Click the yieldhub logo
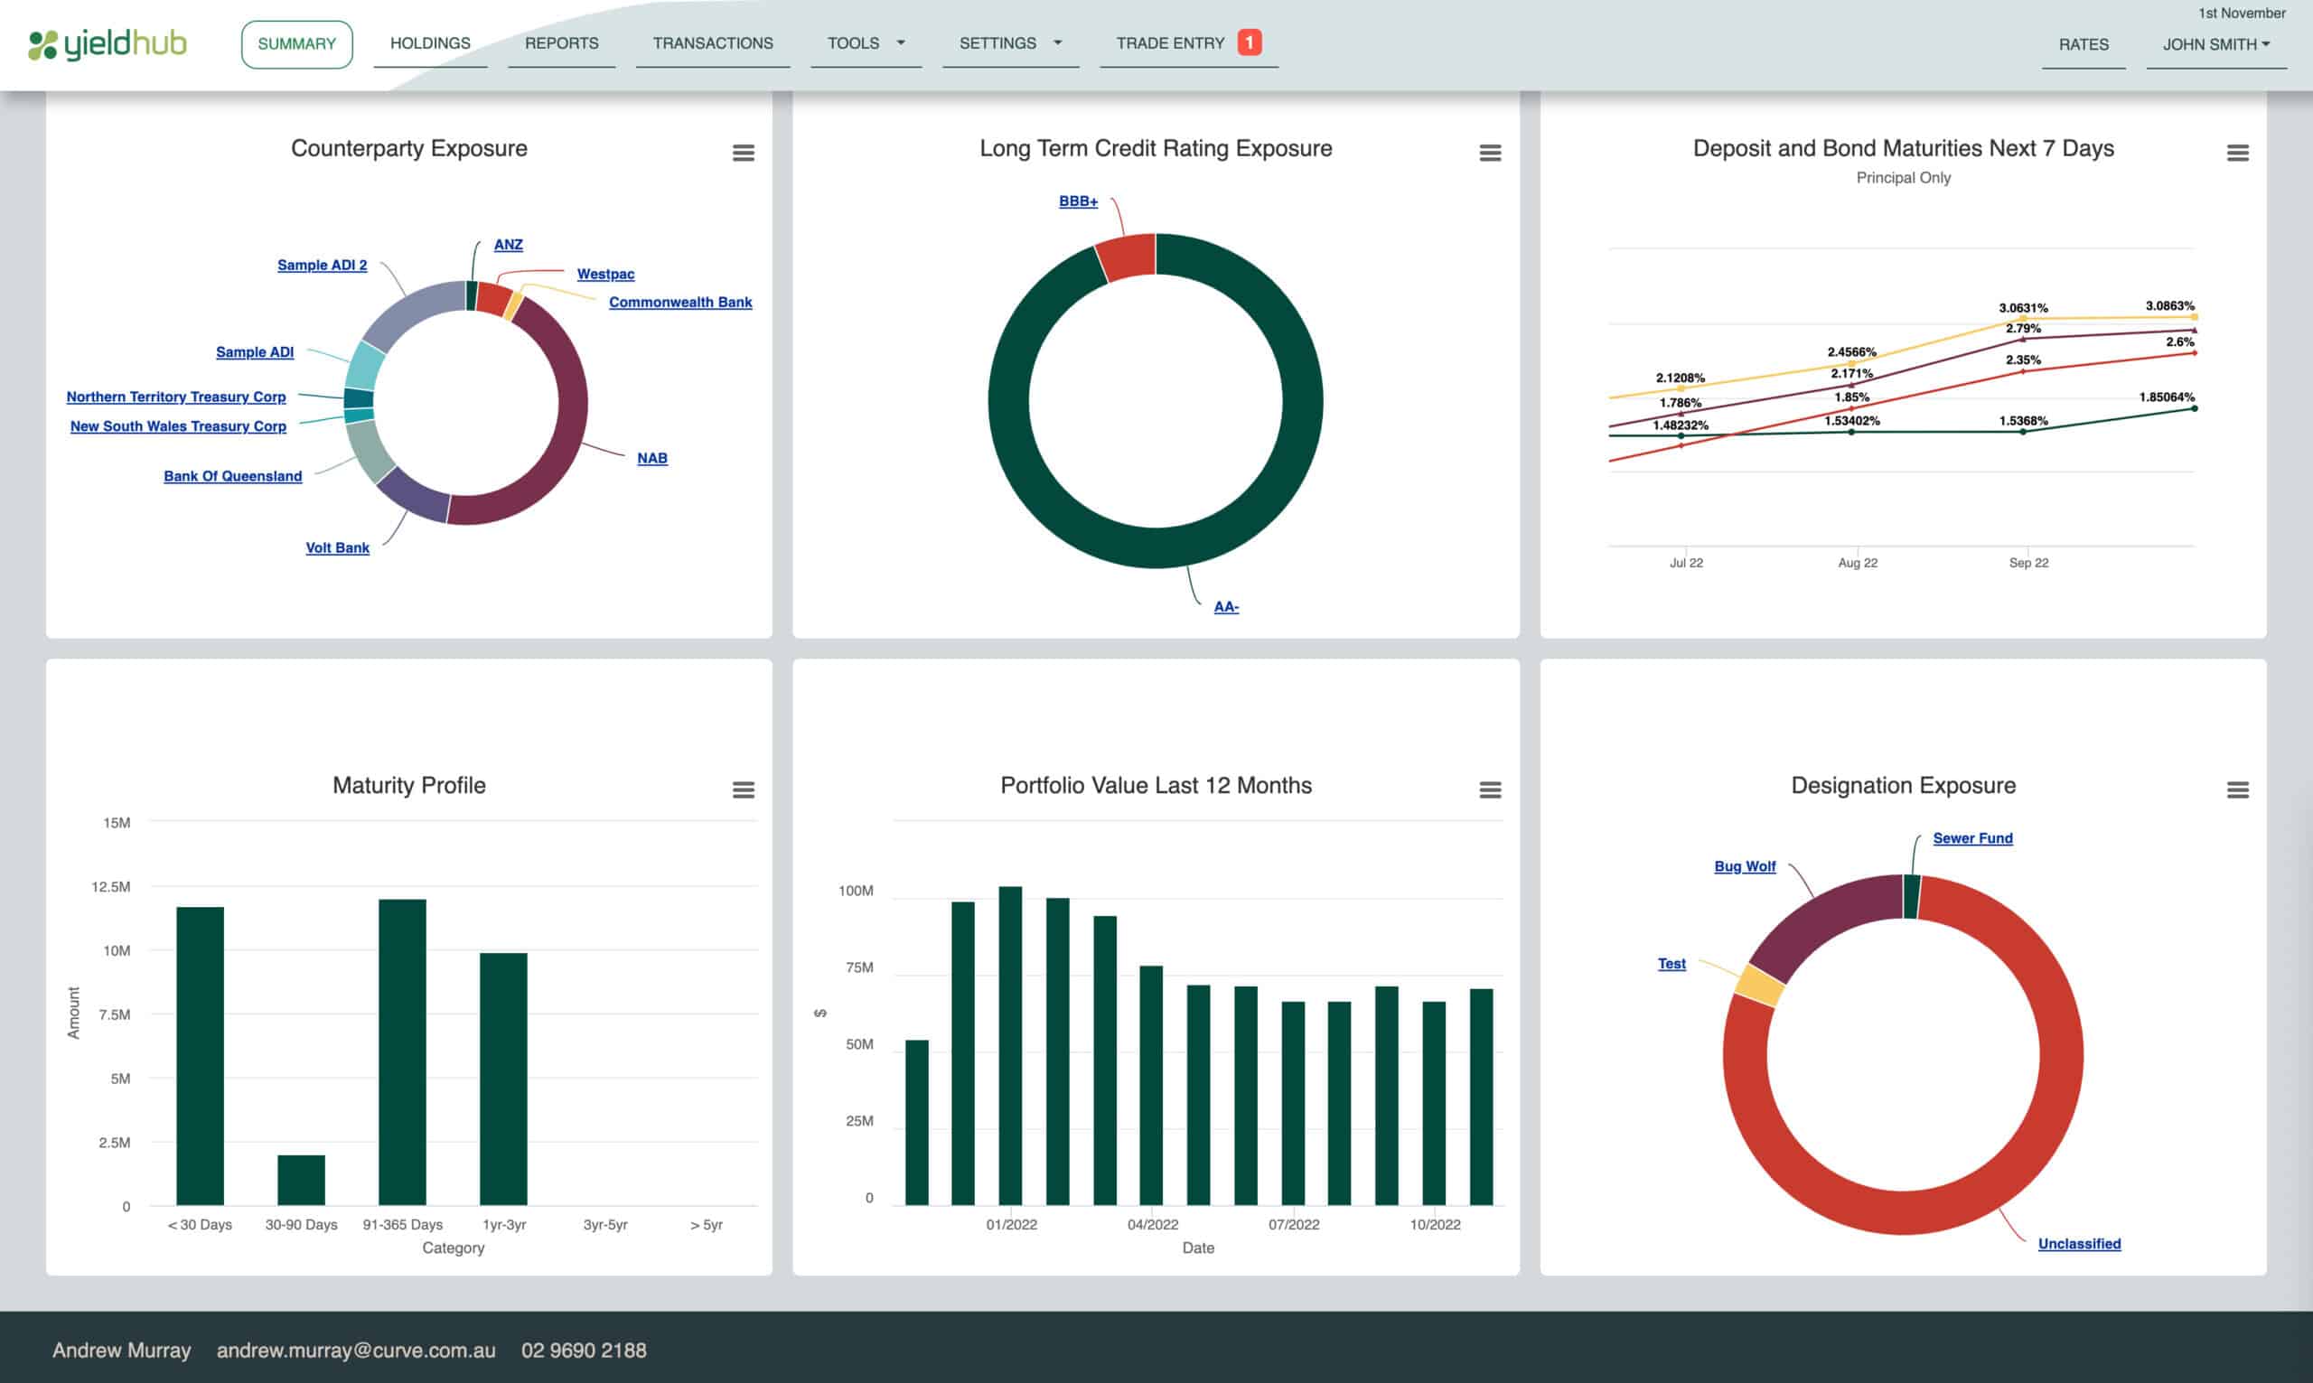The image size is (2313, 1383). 108,43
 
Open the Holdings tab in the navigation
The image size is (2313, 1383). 429,42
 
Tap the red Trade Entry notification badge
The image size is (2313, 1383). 1249,42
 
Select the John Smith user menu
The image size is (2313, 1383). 2215,43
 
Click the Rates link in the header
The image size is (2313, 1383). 2083,43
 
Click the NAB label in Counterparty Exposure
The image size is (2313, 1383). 651,458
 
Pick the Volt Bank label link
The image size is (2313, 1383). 337,547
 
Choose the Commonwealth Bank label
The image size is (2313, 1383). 679,302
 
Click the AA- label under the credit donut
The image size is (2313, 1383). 1225,607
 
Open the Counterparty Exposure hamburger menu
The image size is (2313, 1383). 743,153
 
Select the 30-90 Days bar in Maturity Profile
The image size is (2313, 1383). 301,1179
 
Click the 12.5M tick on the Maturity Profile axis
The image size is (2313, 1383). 111,886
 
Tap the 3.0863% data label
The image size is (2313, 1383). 2169,305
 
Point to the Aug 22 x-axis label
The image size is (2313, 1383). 1857,563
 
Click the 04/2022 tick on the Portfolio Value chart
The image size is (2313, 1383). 1152,1224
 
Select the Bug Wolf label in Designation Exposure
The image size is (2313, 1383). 1745,865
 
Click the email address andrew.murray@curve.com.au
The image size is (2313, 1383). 356,1350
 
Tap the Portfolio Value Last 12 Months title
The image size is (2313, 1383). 1156,785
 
